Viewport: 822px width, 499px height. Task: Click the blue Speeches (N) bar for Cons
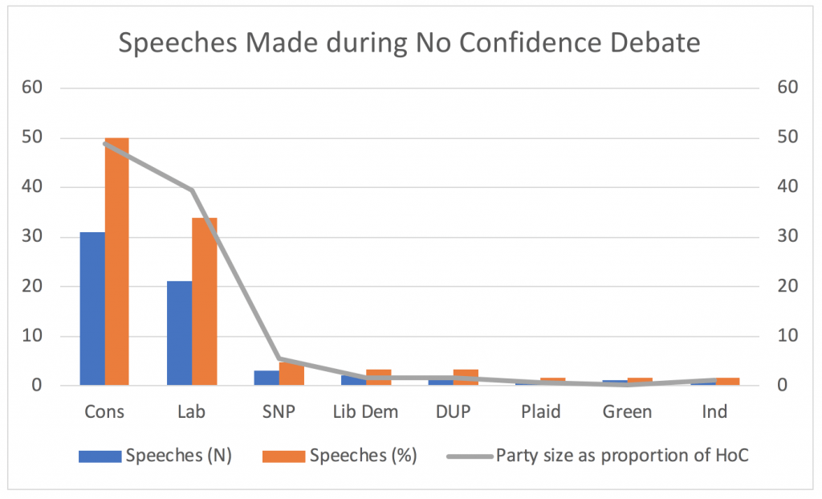point(92,309)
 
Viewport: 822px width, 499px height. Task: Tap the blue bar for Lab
point(179,333)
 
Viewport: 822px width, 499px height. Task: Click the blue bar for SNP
point(267,378)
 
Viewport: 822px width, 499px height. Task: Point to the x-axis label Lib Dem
point(365,412)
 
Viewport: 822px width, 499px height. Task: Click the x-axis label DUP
point(453,412)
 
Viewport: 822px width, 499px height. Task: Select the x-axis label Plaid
point(540,412)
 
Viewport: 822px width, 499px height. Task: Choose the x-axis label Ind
point(714,412)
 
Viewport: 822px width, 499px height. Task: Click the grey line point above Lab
point(192,190)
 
